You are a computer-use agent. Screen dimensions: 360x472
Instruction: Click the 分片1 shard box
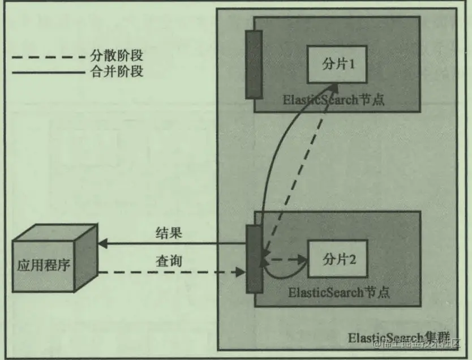pos(338,65)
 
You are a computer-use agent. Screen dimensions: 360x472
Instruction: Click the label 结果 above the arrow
pos(169,233)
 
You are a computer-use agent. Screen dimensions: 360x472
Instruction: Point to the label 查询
pos(169,262)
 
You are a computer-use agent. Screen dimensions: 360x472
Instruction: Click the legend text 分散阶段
pos(117,56)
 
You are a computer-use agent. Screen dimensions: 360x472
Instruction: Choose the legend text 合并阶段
pos(117,72)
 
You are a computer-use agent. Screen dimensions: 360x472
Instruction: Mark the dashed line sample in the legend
pos(48,57)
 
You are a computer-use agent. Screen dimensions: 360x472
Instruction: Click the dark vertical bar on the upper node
pos(254,64)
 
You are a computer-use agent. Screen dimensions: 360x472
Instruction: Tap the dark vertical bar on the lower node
pos(254,259)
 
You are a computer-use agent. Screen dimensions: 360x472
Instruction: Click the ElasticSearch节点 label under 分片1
pos(334,100)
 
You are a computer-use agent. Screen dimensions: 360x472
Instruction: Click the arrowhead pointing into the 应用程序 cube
pos(102,244)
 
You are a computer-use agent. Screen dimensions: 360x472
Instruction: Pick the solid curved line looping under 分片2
pos(283,277)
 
